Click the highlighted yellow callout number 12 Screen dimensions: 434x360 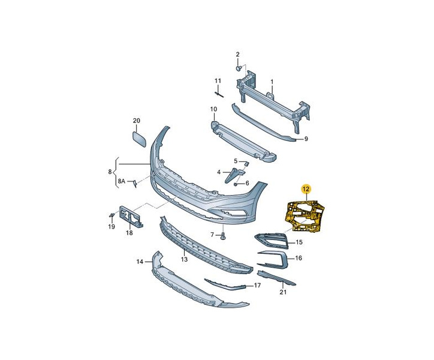pos(306,189)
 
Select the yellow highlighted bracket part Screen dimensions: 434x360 pos(305,215)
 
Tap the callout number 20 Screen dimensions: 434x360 pos(137,121)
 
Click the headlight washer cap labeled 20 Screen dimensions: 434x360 pos(139,139)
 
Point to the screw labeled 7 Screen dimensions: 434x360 pos(223,236)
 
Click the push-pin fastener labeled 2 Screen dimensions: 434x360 pos(239,68)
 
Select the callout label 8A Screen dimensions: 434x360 pos(122,181)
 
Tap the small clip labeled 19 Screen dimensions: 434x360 pos(111,215)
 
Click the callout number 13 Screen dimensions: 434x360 pos(184,259)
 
